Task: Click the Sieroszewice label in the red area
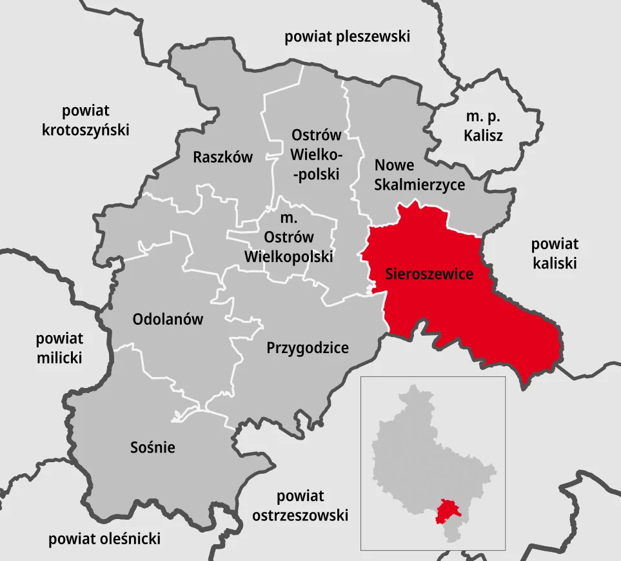pyautogui.click(x=429, y=274)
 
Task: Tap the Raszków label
pyautogui.click(x=223, y=157)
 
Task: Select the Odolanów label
pyautogui.click(x=168, y=319)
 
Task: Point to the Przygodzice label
pyautogui.click(x=308, y=348)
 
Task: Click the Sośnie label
pyautogui.click(x=152, y=447)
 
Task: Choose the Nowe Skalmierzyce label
pyautogui.click(x=420, y=176)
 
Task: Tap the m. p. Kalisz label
pyautogui.click(x=484, y=127)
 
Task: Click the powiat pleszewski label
pyautogui.click(x=348, y=37)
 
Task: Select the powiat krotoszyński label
pyautogui.click(x=86, y=120)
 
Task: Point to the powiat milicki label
pyautogui.click(x=59, y=348)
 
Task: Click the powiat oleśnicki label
pyautogui.click(x=104, y=539)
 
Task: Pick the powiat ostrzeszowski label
pyautogui.click(x=301, y=506)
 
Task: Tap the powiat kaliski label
pyautogui.click(x=555, y=254)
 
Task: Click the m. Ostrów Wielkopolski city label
pyautogui.click(x=289, y=238)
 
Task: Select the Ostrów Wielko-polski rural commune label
pyautogui.click(x=316, y=155)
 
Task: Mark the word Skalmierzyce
pyautogui.click(x=420, y=185)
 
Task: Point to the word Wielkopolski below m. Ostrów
pyautogui.click(x=289, y=256)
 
